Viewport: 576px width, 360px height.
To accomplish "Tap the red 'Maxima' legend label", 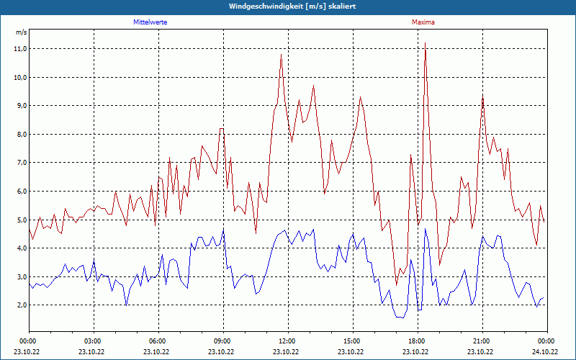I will pos(423,22).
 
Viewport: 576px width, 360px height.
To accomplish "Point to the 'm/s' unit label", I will pos(21,32).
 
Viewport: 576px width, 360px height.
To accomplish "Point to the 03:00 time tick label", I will pos(93,341).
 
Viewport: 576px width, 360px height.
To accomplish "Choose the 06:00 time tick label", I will pos(158,341).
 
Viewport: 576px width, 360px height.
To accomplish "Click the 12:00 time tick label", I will pos(287,341).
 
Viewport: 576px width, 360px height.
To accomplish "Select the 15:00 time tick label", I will pos(351,341).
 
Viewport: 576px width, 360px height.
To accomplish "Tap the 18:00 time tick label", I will pos(416,341).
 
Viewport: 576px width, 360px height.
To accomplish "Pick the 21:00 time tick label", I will pos(481,341).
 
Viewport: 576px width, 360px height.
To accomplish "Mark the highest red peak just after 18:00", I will pos(425,44).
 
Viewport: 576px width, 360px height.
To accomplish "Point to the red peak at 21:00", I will pos(482,98).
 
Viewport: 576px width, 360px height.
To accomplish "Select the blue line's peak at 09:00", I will pos(223,230).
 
